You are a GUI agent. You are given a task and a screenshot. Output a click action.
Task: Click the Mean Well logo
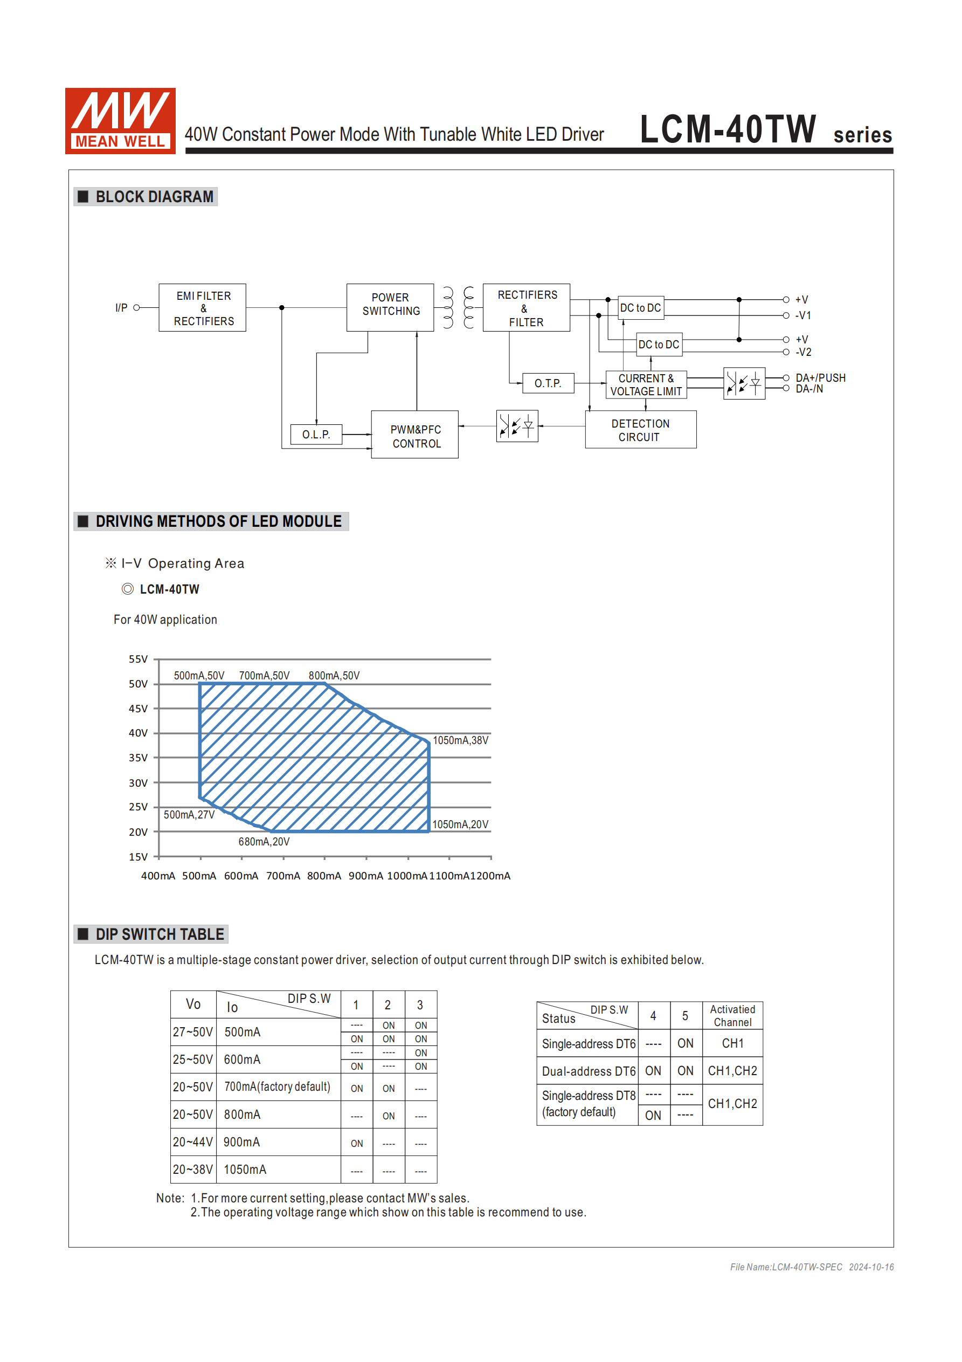120,121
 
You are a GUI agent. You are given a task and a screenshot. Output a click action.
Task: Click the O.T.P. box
548,383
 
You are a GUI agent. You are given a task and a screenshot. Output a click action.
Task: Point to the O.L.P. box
316,434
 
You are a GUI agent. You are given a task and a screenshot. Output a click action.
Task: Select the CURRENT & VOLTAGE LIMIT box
646,385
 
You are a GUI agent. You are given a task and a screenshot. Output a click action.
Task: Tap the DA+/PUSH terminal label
820,378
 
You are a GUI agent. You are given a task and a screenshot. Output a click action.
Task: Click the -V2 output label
803,353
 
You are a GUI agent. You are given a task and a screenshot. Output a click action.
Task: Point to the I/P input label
121,308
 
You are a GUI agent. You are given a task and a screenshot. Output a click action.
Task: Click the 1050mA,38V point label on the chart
460,740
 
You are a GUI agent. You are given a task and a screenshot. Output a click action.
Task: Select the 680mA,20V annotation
264,842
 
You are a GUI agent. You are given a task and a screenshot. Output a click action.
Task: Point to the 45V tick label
138,709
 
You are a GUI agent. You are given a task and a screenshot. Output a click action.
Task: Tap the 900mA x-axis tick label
365,876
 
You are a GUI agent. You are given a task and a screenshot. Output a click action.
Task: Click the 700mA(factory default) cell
277,1087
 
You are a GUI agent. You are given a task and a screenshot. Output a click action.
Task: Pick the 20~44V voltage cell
193,1142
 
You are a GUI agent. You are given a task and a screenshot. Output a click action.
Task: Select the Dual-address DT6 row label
589,1071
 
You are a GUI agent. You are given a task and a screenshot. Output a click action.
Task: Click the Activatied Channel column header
732,1015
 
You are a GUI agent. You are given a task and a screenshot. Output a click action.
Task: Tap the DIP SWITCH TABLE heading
160,934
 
